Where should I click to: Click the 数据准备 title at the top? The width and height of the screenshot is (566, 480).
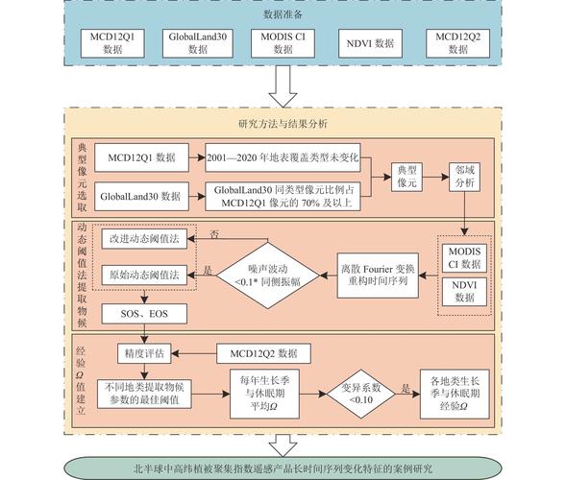coord(283,14)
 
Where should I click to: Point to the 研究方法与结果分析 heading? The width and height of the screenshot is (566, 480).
coord(283,123)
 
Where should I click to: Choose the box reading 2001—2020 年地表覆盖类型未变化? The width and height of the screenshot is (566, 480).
coord(284,156)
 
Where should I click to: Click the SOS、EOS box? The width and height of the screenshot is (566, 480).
coord(141,314)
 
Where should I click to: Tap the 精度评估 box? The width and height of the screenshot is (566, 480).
coord(142,353)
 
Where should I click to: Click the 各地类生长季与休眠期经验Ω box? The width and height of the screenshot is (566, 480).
coord(463,393)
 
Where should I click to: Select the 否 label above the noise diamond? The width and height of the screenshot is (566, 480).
coord(214,232)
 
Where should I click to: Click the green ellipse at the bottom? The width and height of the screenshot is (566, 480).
coord(283,468)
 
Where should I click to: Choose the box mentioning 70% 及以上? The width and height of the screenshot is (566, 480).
coord(284,196)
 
